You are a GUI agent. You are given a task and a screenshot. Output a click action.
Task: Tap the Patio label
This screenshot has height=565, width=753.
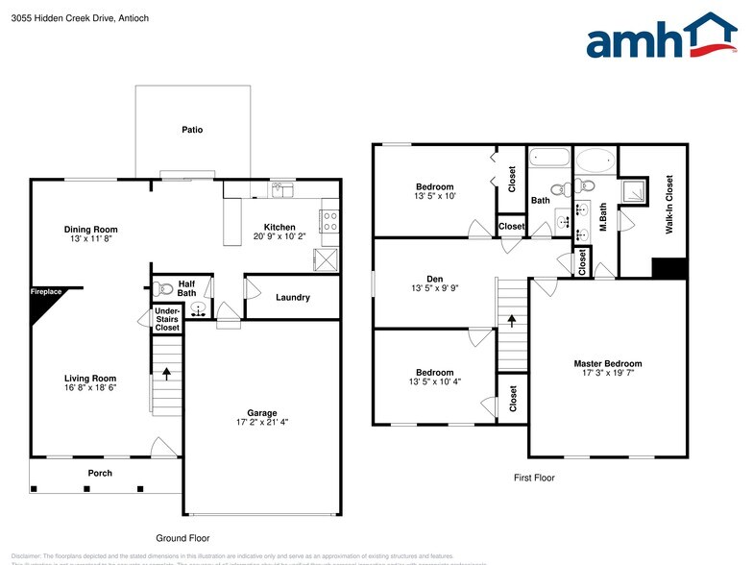193,130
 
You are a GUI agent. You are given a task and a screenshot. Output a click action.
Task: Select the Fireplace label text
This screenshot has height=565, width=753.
45,291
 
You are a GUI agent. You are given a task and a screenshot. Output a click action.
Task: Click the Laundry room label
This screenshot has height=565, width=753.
292,297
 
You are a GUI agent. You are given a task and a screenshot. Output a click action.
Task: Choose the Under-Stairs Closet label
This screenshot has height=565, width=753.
167,320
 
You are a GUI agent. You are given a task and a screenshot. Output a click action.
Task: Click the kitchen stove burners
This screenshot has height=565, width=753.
329,221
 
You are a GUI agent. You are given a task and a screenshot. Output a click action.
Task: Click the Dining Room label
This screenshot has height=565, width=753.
90,229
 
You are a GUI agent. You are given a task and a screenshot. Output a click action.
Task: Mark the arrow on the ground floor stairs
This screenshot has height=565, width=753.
167,370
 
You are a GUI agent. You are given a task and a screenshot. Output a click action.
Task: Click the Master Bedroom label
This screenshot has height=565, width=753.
607,363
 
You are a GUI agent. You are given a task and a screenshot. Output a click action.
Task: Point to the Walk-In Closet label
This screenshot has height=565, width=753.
668,205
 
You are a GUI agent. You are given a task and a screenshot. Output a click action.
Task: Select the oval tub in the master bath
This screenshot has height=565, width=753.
595,160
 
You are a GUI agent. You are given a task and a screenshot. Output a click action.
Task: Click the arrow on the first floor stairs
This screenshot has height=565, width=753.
512,322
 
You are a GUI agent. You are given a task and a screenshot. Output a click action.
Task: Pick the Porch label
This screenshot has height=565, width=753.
100,473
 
